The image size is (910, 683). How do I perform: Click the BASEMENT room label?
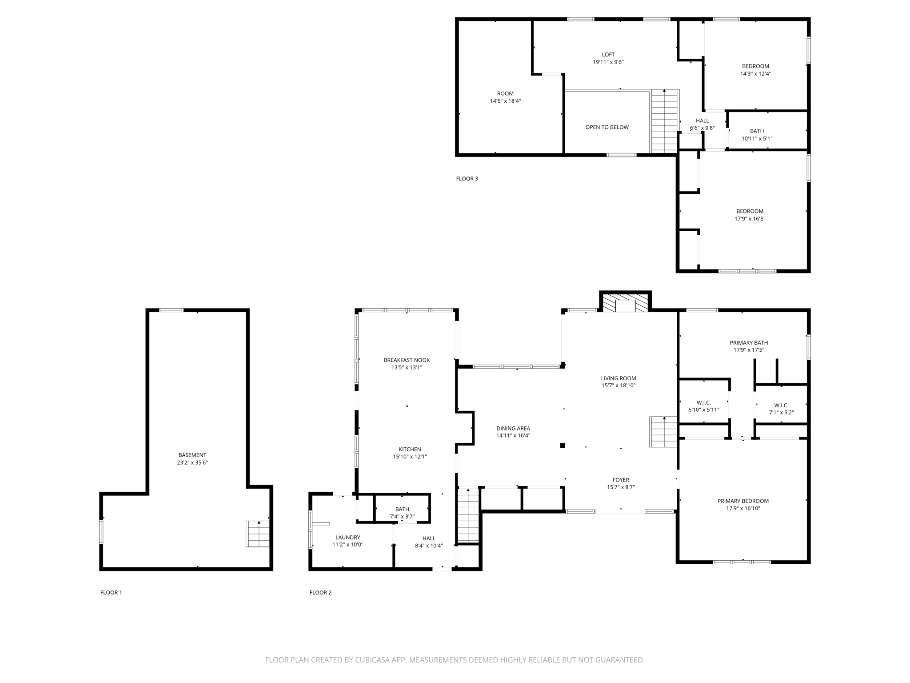coord(192,455)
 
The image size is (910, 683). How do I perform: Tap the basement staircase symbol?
coord(258,534)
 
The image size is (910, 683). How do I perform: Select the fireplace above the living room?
coord(626,302)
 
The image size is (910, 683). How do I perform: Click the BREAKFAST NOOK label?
coord(407,360)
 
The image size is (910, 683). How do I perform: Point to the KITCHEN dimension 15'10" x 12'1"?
coord(410,457)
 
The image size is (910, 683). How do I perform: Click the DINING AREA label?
coord(513,429)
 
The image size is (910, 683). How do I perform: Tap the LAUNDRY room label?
coord(348,537)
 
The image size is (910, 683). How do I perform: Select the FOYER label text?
coord(621,480)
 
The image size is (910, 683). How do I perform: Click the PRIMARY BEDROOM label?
coord(743,501)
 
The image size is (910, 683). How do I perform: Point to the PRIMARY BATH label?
coord(749,343)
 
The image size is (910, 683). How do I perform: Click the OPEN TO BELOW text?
coord(607,127)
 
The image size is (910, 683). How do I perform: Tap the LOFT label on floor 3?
coord(608,55)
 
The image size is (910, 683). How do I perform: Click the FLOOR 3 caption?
coord(467,179)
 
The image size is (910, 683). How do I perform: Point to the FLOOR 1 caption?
coord(111,592)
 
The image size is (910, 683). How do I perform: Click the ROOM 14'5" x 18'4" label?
coord(505,93)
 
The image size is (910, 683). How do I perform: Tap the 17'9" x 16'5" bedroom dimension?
coord(750,219)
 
